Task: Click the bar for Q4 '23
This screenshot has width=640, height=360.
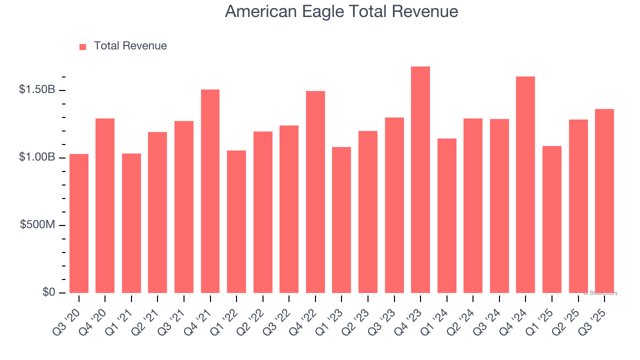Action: pyautogui.click(x=420, y=180)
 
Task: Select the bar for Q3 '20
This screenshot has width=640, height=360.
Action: pyautogui.click(x=79, y=223)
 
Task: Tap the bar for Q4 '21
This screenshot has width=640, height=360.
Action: pyautogui.click(x=210, y=191)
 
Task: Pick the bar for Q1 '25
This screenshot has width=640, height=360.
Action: pyautogui.click(x=551, y=219)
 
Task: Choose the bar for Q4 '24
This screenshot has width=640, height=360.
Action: pyautogui.click(x=525, y=184)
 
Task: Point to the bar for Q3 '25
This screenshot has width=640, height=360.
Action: pyautogui.click(x=604, y=201)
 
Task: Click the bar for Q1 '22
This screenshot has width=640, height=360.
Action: pyautogui.click(x=236, y=221)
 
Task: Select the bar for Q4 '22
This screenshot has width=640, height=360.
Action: pyautogui.click(x=315, y=192)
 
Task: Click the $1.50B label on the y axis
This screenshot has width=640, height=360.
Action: pyautogui.click(x=37, y=90)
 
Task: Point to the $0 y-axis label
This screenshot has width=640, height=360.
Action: pyautogui.click(x=48, y=292)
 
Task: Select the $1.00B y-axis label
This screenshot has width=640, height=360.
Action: pyautogui.click(x=37, y=157)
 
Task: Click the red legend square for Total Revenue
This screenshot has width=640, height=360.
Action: pyautogui.click(x=83, y=47)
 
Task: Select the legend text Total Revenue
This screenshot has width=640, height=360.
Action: pyautogui.click(x=130, y=46)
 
